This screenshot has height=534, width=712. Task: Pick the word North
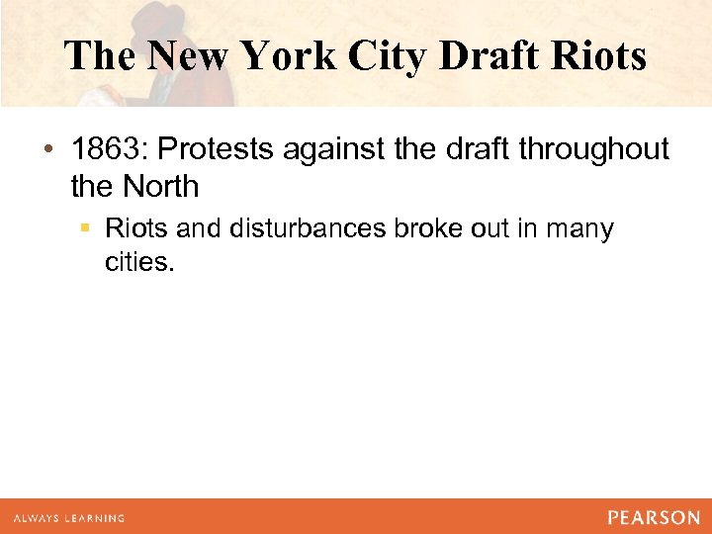(x=162, y=185)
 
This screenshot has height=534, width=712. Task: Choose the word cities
(x=138, y=262)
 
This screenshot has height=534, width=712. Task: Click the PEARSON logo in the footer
(x=653, y=517)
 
